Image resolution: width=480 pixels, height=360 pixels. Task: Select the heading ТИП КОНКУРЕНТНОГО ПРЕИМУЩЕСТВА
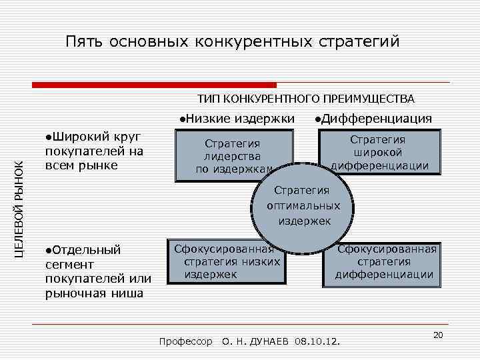(x=306, y=99)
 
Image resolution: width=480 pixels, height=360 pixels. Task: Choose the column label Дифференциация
(x=373, y=119)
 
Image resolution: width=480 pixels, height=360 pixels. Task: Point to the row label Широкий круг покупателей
(x=93, y=151)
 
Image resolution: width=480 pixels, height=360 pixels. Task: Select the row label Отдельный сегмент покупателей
(x=97, y=272)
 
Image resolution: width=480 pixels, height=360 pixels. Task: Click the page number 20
(x=438, y=335)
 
